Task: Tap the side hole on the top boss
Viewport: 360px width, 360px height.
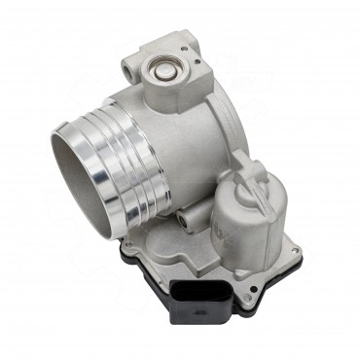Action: click(133, 66)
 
